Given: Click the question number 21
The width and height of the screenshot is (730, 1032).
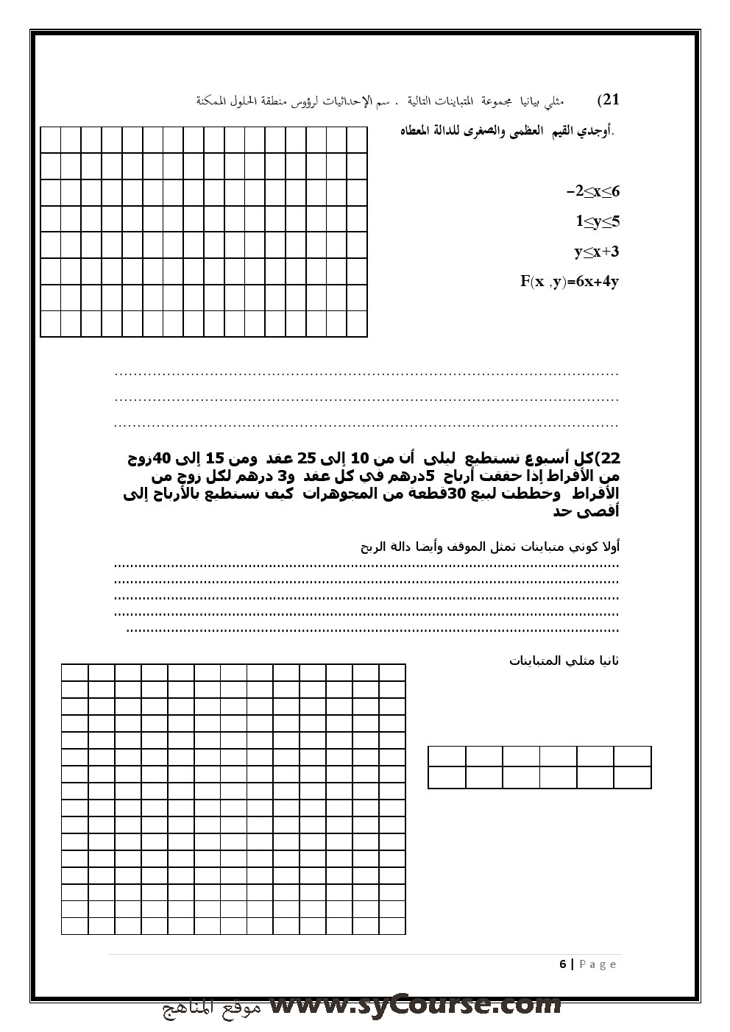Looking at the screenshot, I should pos(609,100).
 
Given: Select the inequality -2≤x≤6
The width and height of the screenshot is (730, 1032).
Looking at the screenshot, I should pos(593,192).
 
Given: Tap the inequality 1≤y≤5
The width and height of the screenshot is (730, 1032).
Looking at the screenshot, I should pos(597,221).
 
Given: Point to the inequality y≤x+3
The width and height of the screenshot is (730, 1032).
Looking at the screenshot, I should pos(596,252).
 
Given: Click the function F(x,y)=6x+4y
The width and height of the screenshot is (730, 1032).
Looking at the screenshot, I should pos(570,281).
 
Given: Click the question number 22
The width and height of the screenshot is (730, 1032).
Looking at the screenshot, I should pos(609,459).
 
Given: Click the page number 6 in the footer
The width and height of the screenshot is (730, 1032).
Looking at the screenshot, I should pos(563,964).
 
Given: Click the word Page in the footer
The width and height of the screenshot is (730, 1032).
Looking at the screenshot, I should pos(598,964).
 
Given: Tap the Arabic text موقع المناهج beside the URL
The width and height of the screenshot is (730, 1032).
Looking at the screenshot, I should pos(211,1008).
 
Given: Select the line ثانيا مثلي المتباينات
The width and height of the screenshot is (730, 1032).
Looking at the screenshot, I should pos(564,661).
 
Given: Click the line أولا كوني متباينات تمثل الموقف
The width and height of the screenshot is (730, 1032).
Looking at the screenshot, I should pos(490,547).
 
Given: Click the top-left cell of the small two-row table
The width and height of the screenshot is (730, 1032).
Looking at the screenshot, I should pos(447,756).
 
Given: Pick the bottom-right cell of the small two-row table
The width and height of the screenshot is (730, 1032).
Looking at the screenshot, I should pos(632,777).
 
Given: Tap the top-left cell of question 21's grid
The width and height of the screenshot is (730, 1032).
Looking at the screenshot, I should pos(51,140).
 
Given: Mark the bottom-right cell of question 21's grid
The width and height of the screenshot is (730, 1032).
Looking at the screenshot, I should pos(357,324).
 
